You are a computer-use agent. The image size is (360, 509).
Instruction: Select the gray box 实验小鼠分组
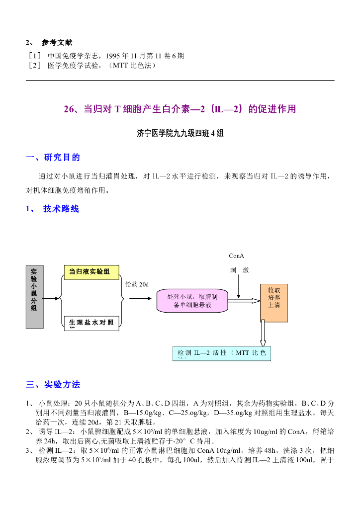[x=34, y=297]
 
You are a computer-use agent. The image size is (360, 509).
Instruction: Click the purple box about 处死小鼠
[x=192, y=301]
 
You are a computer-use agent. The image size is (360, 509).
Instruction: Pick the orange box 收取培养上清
[x=273, y=302]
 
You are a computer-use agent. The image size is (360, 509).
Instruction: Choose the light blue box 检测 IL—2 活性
[x=222, y=353]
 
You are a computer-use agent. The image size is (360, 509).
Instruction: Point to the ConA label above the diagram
[x=236, y=256]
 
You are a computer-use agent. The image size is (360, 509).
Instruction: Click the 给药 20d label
[x=137, y=284]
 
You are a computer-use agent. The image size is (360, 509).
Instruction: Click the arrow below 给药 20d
[x=139, y=299]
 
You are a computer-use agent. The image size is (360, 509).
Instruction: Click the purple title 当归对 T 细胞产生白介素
[x=180, y=109]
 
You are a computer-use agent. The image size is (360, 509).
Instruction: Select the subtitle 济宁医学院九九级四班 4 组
[x=180, y=133]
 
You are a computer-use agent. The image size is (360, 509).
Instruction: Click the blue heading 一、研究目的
[x=53, y=158]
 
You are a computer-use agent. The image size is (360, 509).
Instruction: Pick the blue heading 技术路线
[x=61, y=209]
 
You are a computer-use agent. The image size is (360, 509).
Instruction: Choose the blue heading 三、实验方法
[x=53, y=385]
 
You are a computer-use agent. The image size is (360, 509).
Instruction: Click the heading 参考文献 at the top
[x=57, y=43]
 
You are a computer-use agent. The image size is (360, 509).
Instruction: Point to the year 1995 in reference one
[x=121, y=55]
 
